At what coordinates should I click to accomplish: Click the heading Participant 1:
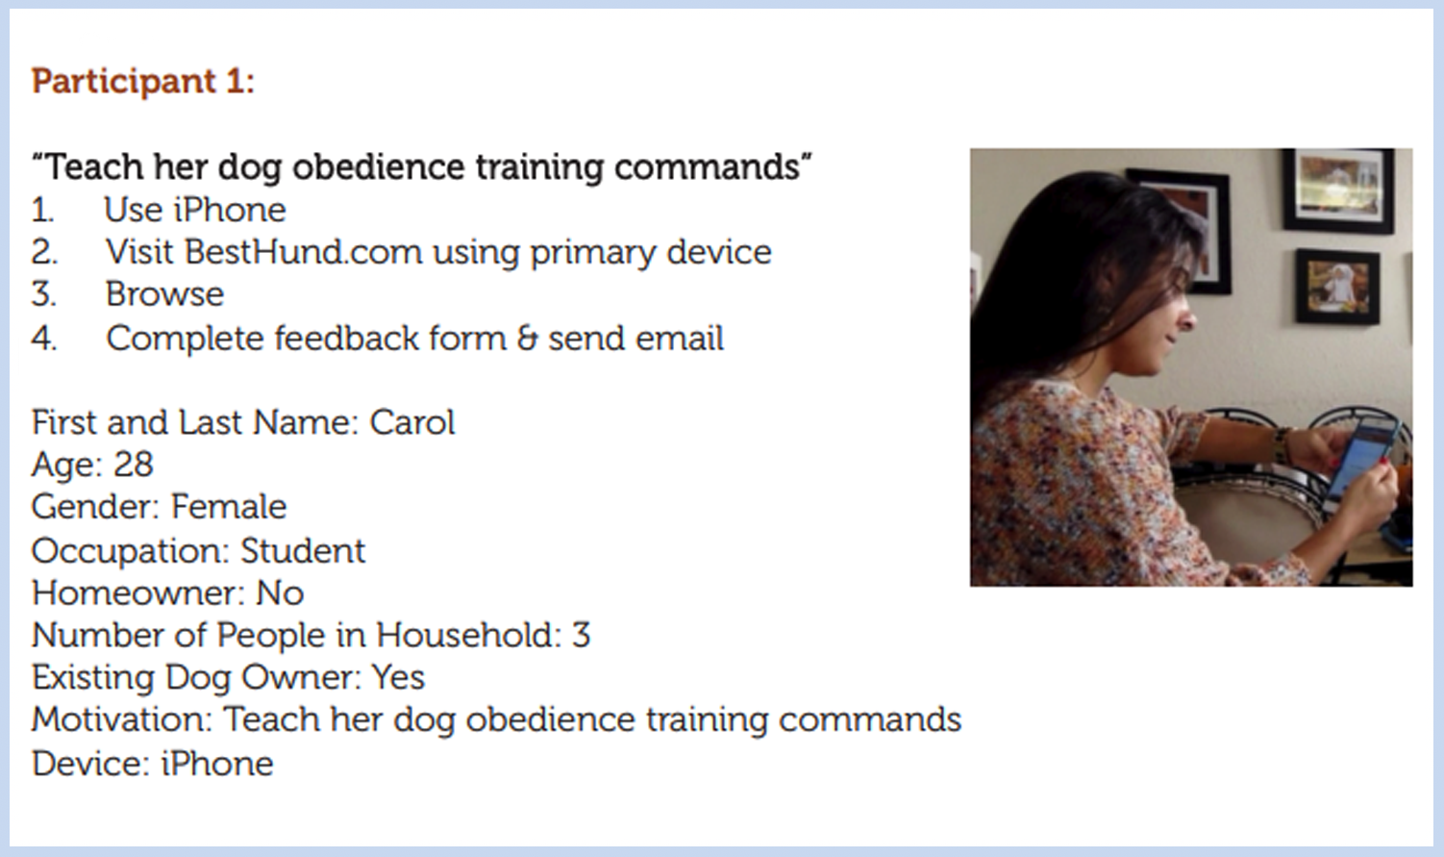142,82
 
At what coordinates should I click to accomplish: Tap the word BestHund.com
303,252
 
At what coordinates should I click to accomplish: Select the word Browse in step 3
164,294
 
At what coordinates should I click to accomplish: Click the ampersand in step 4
527,339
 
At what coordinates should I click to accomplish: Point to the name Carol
411,423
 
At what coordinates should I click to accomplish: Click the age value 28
133,465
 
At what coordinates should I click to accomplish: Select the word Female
229,507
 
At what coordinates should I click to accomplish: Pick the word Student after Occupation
302,551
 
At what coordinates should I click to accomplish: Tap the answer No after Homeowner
280,593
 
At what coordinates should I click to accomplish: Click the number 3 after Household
581,636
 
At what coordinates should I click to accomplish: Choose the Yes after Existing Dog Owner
398,678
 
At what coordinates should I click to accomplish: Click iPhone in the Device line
216,764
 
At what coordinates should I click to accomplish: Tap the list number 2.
43,252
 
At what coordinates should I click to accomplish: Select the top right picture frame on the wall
1337,189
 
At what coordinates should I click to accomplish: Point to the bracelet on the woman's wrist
1282,444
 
